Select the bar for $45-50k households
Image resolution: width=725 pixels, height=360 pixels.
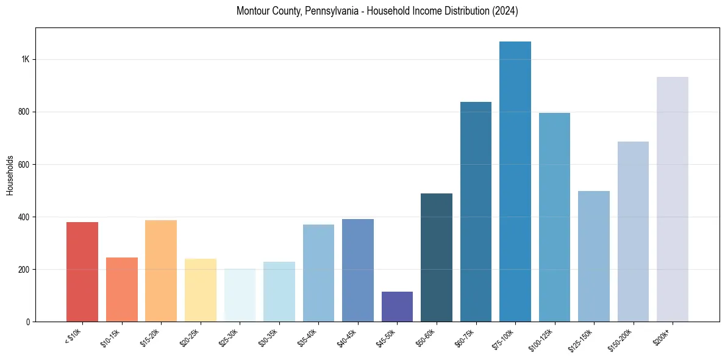[x=397, y=306]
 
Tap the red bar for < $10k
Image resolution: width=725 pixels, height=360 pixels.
[x=82, y=272]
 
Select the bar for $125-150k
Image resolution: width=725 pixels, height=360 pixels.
[x=594, y=256]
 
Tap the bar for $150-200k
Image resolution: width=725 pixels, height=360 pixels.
[x=633, y=231]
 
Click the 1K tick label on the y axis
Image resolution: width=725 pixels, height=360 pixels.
[x=25, y=60]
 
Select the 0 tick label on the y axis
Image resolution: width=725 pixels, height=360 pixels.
[x=28, y=322]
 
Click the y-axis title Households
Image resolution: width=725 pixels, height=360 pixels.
[x=10, y=175]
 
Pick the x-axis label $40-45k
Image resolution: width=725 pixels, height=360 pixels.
[x=347, y=337]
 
